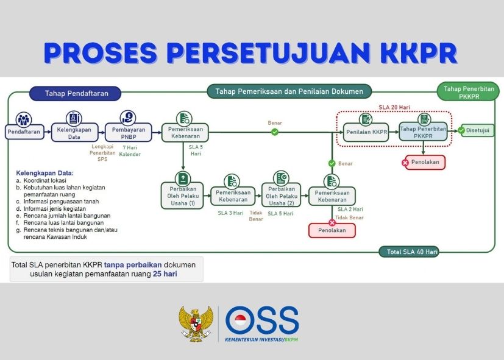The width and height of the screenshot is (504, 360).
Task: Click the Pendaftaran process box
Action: (x=24, y=132)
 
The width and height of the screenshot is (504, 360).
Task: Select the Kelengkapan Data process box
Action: (x=74, y=132)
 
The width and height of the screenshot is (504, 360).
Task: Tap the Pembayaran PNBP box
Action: (x=128, y=132)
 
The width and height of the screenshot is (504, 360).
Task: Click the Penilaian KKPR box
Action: (x=366, y=132)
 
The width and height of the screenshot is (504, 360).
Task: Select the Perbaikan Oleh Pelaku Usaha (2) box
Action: (x=281, y=196)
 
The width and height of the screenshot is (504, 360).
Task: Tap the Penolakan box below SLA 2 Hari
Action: (x=332, y=230)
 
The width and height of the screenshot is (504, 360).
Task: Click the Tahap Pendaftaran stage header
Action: (x=75, y=93)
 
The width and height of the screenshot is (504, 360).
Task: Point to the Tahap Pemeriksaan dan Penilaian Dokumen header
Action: (x=289, y=91)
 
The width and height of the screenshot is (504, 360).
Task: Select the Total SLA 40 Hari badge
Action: (x=409, y=252)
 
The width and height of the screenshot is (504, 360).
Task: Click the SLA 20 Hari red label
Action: (x=394, y=107)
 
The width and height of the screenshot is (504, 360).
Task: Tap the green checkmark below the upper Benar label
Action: (x=274, y=132)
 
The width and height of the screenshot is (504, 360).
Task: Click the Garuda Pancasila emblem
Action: (x=196, y=323)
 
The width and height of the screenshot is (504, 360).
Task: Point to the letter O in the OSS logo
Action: (x=241, y=320)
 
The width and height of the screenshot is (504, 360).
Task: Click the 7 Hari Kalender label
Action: (x=130, y=151)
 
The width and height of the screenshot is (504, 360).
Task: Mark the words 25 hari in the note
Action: (x=165, y=274)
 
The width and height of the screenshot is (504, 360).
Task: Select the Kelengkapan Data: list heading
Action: (x=44, y=173)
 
